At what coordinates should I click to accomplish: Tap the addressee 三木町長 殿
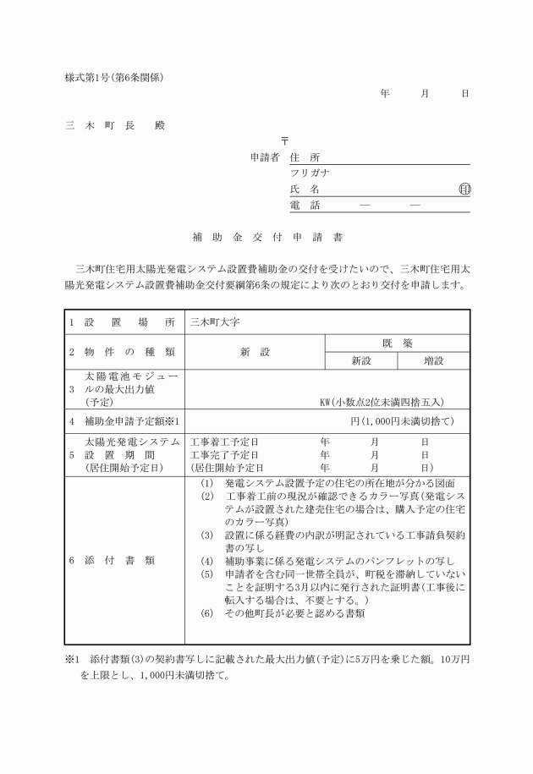pyautogui.click(x=116, y=126)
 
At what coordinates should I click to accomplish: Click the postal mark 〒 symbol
pyautogui.click(x=285, y=141)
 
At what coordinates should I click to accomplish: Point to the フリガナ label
pyautogui.click(x=310, y=173)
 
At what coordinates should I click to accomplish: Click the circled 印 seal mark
pyautogui.click(x=464, y=189)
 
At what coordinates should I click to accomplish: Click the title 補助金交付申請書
pyautogui.click(x=266, y=238)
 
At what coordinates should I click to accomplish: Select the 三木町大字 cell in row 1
pyautogui.click(x=217, y=322)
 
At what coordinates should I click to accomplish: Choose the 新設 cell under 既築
pyautogui.click(x=361, y=360)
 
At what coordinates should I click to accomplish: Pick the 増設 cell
pyautogui.click(x=434, y=360)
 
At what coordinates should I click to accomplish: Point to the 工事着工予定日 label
pyautogui.click(x=224, y=442)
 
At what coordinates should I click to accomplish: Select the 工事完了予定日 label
pyautogui.click(x=224, y=454)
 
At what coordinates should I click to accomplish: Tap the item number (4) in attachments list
pyautogui.click(x=206, y=561)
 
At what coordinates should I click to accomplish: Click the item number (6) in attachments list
pyautogui.click(x=206, y=612)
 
